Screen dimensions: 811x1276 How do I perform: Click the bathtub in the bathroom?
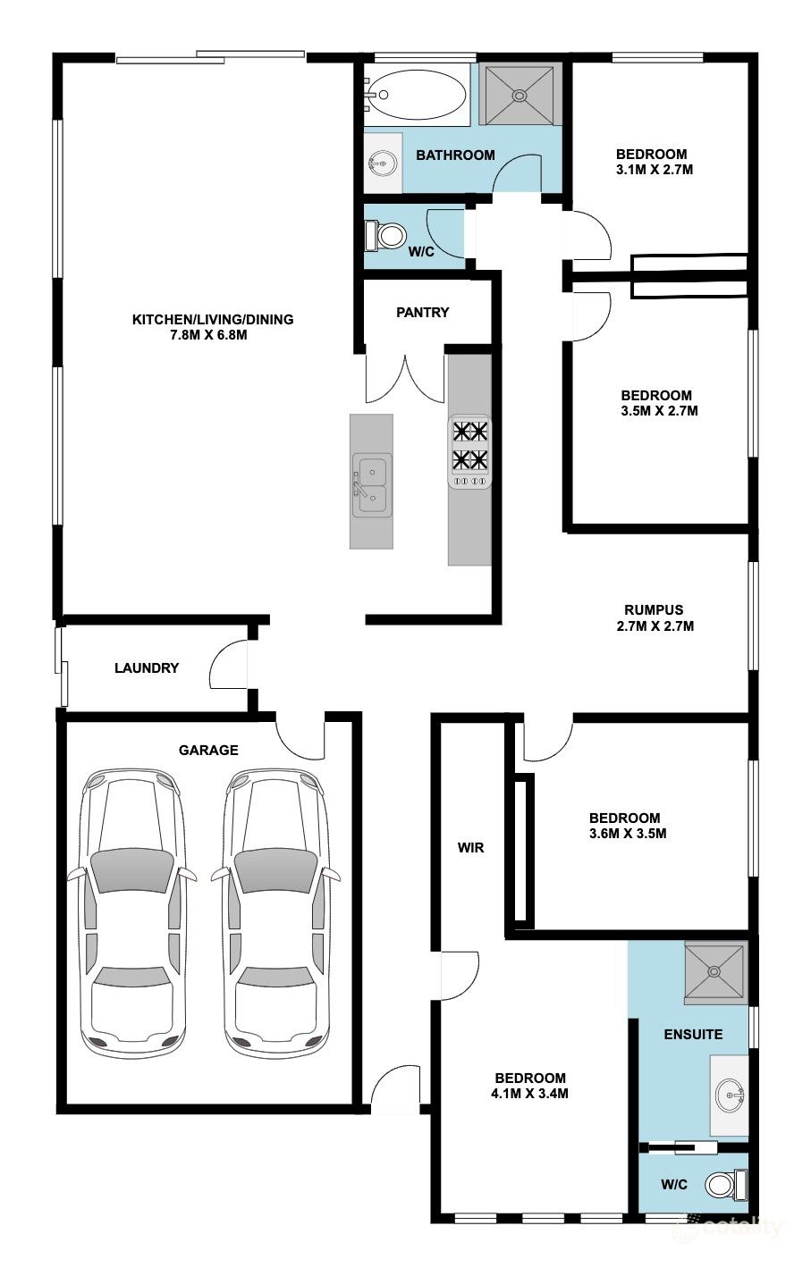click(415, 95)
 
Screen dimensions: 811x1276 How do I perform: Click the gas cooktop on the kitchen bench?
click(470, 452)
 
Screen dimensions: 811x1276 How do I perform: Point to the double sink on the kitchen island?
click(372, 485)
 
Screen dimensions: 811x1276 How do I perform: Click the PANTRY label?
click(422, 312)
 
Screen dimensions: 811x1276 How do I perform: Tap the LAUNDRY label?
click(147, 667)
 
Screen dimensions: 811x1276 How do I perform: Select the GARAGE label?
click(208, 750)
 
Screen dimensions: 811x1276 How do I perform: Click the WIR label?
click(470, 848)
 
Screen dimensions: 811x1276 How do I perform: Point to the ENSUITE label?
click(693, 1034)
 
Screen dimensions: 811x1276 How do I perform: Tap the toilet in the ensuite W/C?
click(726, 1184)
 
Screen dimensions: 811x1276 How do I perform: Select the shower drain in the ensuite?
click(714, 971)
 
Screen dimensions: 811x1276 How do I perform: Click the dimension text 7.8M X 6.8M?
click(208, 335)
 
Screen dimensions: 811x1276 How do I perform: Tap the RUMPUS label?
click(654, 610)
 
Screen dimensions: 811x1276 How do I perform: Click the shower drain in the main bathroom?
click(520, 95)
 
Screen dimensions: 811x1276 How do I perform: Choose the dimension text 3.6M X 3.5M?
click(628, 834)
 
